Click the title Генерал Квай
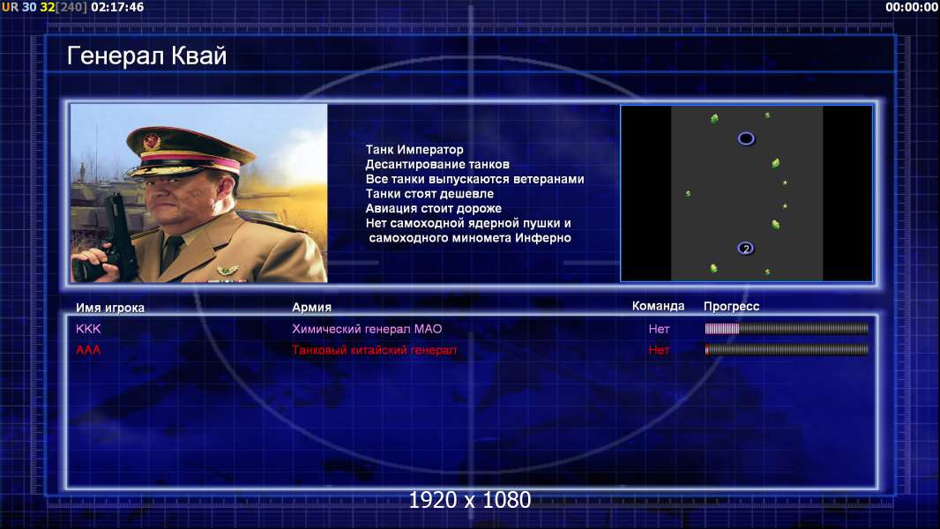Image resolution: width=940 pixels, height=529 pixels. click(x=147, y=56)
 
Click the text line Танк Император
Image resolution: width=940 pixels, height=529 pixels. click(x=414, y=150)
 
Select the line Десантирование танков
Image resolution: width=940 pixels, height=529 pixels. click(x=437, y=164)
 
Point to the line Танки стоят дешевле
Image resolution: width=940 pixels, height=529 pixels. click(x=429, y=193)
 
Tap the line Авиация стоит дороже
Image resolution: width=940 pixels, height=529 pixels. click(x=434, y=208)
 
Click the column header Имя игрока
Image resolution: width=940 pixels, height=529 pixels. click(x=110, y=308)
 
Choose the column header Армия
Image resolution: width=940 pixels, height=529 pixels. click(x=312, y=307)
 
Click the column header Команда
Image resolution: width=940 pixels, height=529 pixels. click(x=658, y=306)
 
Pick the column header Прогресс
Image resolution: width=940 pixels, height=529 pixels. click(x=731, y=306)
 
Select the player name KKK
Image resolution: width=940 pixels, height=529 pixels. click(x=88, y=329)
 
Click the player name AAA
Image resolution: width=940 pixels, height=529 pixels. click(x=88, y=350)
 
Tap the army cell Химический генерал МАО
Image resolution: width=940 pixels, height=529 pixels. click(x=367, y=329)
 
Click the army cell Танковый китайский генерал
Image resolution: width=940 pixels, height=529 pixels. click(x=374, y=350)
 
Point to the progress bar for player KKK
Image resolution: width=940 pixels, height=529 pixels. click(x=787, y=328)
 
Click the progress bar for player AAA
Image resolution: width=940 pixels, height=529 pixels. click(x=787, y=349)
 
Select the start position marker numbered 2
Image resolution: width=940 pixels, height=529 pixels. click(x=746, y=248)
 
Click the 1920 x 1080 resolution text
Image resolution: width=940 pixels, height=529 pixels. click(x=470, y=500)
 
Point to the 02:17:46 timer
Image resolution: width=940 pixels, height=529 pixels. click(x=117, y=7)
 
